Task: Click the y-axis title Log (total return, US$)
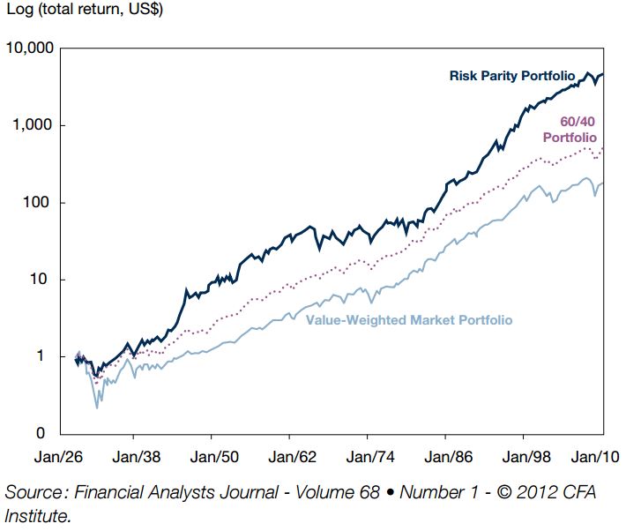[x=85, y=9]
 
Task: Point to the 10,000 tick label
[x=30, y=48]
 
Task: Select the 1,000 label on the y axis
[x=33, y=125]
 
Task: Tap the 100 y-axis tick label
[x=36, y=202]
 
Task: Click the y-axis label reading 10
[x=39, y=279]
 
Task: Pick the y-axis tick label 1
[x=40, y=355]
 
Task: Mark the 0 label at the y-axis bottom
[x=41, y=433]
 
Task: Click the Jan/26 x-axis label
[x=59, y=457]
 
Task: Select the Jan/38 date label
[x=137, y=457]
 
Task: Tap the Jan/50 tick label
[x=214, y=457]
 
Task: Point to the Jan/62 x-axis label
[x=292, y=457]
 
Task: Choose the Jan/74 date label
[x=370, y=457]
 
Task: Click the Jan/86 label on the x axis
[x=449, y=457]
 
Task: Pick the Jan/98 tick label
[x=526, y=457]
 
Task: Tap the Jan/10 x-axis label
[x=595, y=457]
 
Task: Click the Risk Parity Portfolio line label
[x=512, y=76]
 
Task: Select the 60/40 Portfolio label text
[x=570, y=130]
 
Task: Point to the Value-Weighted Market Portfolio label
[x=409, y=320]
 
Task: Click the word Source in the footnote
[x=35, y=492]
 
